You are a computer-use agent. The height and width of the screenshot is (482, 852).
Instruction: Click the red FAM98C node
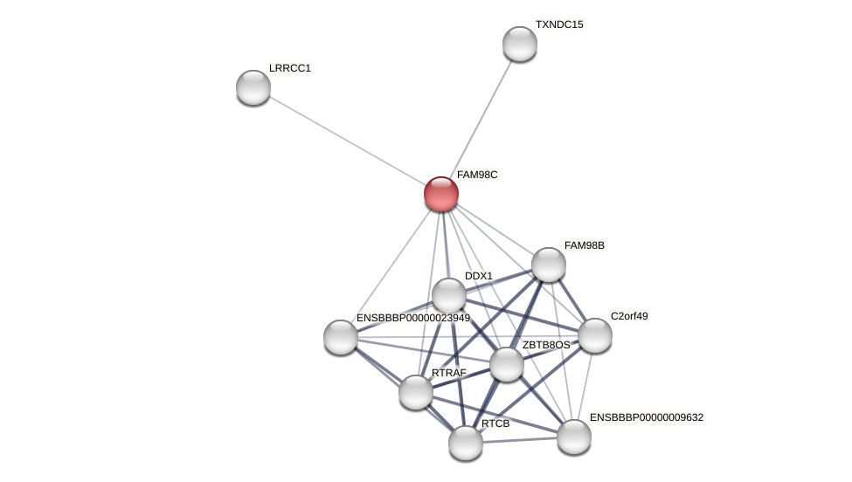441,194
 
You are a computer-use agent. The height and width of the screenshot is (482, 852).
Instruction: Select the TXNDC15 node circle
520,44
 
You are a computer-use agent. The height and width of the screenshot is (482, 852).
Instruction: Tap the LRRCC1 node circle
253,87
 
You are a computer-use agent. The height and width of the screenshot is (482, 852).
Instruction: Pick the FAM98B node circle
549,265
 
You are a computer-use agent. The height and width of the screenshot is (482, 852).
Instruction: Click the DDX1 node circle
449,295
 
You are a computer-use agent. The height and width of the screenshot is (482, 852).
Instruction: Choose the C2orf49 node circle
595,335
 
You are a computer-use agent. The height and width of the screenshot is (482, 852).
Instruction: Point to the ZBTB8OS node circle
507,364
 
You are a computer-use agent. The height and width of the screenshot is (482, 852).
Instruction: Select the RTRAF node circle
416,392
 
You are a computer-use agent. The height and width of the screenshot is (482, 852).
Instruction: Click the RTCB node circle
466,443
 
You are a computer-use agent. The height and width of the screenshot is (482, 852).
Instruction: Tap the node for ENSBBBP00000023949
341,337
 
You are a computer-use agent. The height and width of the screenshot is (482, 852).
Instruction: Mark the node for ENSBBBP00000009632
574,437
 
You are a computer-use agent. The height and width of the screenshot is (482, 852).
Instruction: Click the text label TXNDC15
559,24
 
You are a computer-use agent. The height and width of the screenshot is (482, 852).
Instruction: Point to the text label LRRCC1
290,68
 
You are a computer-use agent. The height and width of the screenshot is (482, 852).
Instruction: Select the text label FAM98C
477,175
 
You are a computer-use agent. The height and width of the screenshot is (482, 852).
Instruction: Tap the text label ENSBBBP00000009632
646,417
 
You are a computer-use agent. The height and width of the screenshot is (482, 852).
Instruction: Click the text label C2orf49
629,316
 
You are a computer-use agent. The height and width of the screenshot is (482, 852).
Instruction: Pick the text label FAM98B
585,245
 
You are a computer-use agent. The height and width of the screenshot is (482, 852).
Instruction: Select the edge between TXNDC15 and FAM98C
481,117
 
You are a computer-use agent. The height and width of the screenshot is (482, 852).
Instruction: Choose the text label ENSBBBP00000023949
412,318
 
